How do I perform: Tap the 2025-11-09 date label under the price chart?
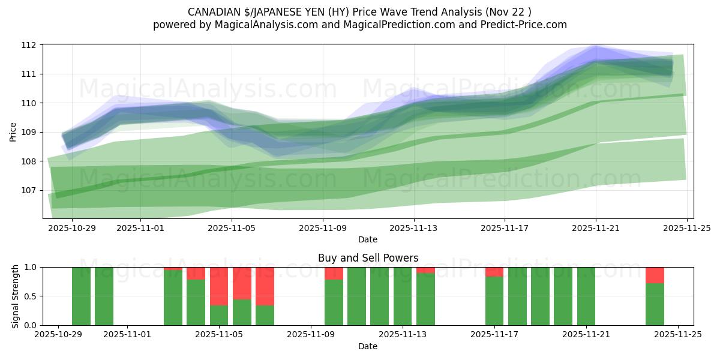pos(323,228)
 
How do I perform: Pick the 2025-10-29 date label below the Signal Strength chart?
pos(58,335)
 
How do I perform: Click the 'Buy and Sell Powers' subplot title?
pos(368,259)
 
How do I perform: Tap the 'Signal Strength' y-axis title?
pos(16,296)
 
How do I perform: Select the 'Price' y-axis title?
pos(13,132)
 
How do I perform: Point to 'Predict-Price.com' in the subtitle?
pos(526,25)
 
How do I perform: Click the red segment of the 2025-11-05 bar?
pos(219,286)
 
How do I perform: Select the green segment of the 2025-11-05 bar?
pos(219,316)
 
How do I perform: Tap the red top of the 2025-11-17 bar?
pos(494,272)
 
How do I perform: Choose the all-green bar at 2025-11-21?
pos(586,296)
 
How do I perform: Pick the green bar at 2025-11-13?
pos(403,296)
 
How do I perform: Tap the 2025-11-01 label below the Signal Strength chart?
pos(127,335)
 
